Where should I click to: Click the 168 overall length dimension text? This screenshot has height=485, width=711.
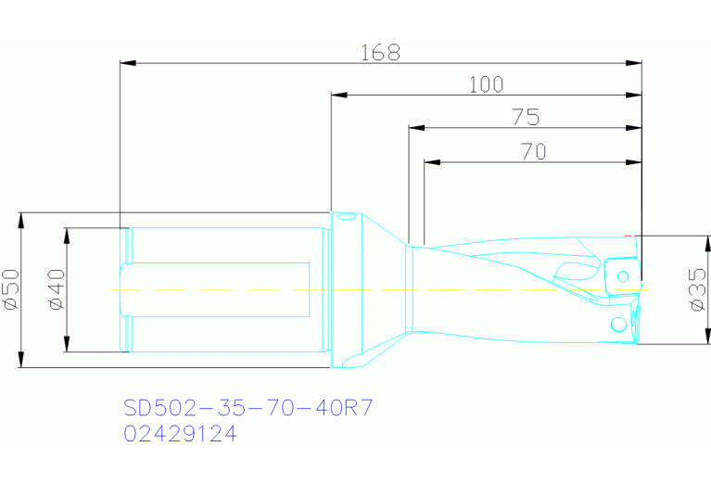tap(380, 53)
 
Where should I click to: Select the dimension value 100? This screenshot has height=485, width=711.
tap(486, 85)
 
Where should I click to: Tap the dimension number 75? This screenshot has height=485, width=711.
tap(526, 117)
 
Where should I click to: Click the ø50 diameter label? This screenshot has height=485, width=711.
tap(11, 289)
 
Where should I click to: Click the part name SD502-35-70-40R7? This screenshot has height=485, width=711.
tap(248, 408)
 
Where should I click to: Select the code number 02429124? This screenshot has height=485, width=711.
tap(180, 434)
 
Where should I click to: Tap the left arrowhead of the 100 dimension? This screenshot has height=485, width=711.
tap(338, 96)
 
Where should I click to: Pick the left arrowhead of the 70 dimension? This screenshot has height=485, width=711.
tap(431, 162)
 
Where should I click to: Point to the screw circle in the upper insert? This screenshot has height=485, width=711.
tap(624, 274)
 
